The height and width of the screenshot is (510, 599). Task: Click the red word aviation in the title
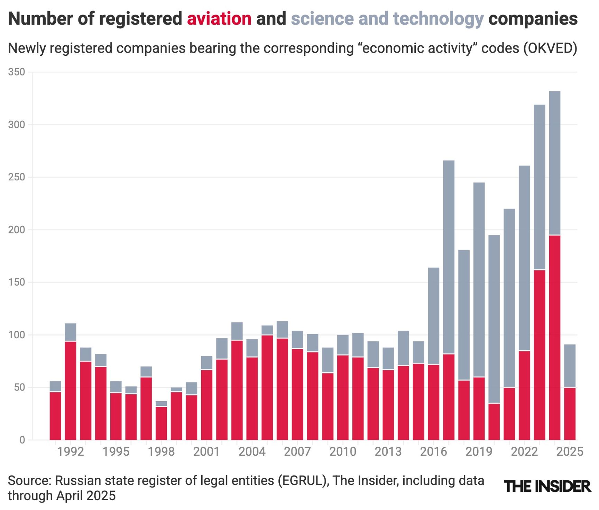[219, 19]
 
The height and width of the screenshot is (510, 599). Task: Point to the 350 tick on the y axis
[17, 72]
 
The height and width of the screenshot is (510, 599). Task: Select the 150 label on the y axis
[17, 282]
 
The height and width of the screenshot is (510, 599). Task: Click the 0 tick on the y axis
[22, 440]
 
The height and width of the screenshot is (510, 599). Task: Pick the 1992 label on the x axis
[71, 452]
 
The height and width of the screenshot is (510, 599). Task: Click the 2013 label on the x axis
[388, 452]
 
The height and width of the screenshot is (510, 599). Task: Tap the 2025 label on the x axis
[570, 452]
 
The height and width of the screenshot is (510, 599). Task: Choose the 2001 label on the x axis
[206, 452]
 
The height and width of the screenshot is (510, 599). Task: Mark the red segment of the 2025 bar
[570, 414]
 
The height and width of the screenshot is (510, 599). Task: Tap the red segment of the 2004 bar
[252, 398]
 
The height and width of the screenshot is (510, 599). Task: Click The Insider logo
[547, 486]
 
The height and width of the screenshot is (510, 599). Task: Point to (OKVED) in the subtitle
[550, 48]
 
